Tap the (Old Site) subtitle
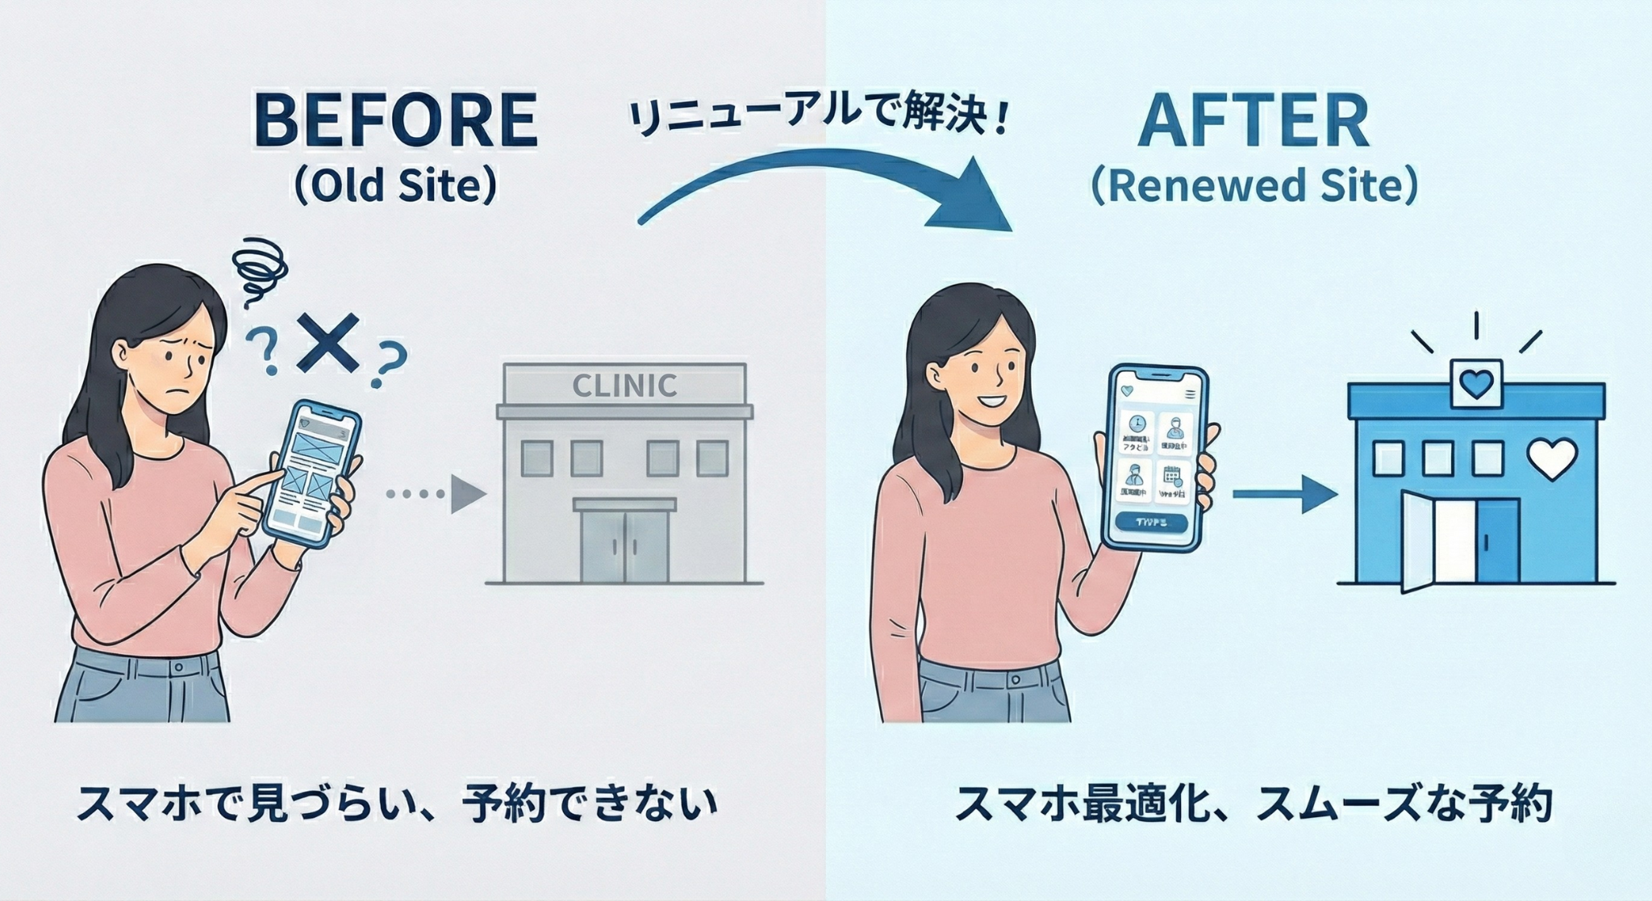(x=395, y=186)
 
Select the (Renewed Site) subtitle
(x=1254, y=186)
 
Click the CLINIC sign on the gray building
(x=624, y=386)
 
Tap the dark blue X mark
(x=327, y=344)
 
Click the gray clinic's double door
(x=624, y=544)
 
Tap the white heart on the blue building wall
(x=1552, y=458)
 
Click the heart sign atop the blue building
(x=1476, y=383)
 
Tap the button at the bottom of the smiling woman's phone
(x=1151, y=522)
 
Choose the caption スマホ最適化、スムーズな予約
(x=1254, y=804)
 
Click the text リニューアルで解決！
(x=818, y=121)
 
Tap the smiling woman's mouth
(x=992, y=401)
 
